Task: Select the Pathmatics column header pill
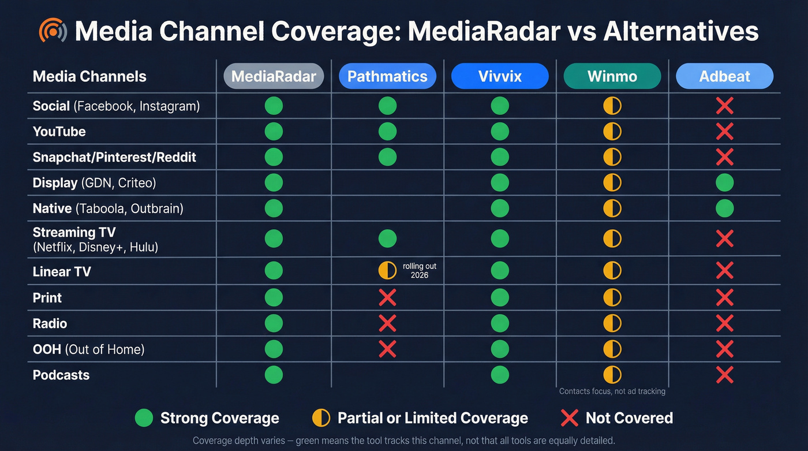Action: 387,76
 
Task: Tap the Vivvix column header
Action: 500,76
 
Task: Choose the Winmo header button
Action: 612,76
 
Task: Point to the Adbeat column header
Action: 724,76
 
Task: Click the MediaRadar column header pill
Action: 274,76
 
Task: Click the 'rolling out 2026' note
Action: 420,270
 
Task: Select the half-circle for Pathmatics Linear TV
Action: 387,270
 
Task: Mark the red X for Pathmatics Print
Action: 387,297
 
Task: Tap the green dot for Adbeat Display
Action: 724,183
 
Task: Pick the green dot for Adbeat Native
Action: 724,208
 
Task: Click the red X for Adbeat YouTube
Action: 724,132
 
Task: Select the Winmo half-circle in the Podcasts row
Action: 612,375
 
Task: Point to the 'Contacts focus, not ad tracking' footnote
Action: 612,392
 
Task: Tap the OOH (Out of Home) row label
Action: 88,349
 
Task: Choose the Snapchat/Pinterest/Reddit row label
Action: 114,157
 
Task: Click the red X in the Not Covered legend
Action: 570,418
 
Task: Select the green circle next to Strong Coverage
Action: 144,418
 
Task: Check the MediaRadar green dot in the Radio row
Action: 274,323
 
